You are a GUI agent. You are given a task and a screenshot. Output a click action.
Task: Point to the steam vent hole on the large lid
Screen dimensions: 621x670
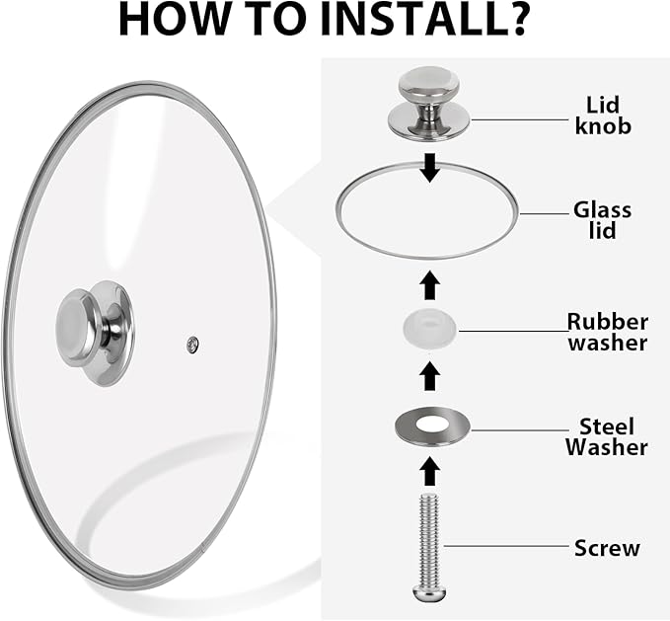click(192, 344)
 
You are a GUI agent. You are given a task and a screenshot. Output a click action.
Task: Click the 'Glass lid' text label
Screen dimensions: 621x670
click(602, 220)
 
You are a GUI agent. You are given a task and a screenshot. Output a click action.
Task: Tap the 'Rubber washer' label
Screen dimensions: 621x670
click(607, 332)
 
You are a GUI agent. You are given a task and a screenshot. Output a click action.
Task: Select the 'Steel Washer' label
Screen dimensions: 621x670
click(606, 436)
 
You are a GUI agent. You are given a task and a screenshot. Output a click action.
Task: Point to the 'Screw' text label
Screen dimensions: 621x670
click(607, 548)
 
